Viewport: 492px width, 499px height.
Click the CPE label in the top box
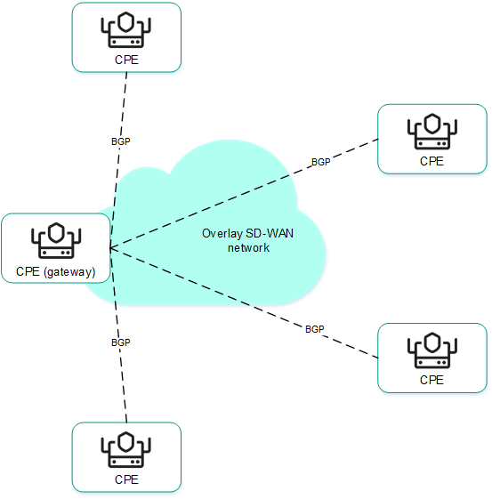(126, 60)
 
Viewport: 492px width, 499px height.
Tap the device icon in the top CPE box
(126, 32)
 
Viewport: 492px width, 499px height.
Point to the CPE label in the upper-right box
(432, 162)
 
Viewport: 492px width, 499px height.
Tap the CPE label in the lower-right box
(432, 380)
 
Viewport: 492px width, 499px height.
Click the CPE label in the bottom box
(126, 479)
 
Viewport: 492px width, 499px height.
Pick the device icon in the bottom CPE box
(126, 451)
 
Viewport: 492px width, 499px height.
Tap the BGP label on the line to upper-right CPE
(320, 163)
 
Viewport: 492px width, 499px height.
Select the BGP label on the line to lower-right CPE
(315, 329)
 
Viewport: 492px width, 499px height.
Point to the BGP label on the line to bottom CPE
(120, 342)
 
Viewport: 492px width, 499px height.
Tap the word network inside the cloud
(248, 248)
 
